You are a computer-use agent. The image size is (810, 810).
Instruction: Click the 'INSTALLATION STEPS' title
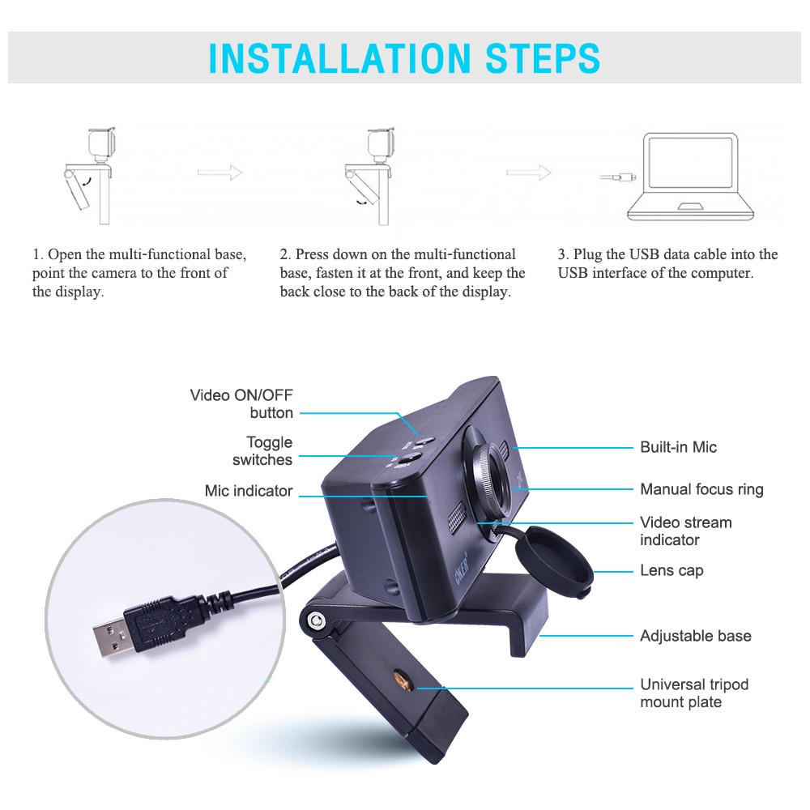point(404,58)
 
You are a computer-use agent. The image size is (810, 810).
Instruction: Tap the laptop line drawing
point(692,176)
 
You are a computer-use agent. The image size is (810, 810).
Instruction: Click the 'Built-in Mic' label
point(678,447)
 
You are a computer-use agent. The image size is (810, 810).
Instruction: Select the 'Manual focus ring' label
point(701,489)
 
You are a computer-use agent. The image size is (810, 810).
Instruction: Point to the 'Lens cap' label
point(671,570)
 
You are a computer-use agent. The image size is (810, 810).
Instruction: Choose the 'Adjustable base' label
point(695,636)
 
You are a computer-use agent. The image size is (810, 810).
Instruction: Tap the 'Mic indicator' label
point(249,491)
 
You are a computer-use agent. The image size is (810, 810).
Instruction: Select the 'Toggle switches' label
point(262,451)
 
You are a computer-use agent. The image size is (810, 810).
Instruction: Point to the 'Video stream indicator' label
point(685,531)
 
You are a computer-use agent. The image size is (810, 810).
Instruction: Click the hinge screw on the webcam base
point(317,621)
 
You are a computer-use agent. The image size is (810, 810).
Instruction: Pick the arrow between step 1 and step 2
point(220,172)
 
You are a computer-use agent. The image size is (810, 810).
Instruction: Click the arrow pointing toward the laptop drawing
point(528,172)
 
